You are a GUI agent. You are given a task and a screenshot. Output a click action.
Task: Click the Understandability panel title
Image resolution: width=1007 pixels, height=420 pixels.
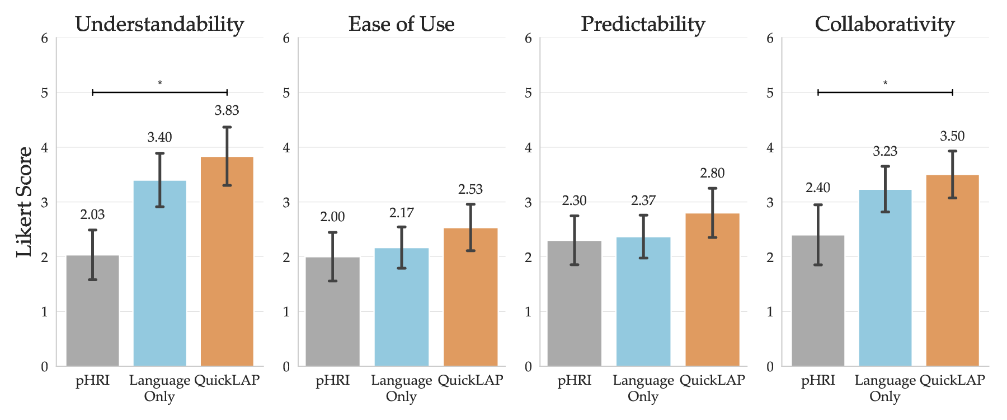click(159, 24)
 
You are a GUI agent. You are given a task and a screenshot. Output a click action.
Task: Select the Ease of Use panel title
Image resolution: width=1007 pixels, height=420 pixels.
click(401, 24)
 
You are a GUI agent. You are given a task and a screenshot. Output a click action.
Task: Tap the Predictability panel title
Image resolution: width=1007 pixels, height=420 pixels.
click(643, 24)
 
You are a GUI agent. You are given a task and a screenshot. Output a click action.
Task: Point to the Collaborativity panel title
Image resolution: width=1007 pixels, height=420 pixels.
click(884, 24)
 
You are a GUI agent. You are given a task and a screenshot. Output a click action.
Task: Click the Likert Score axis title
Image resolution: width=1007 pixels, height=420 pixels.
click(24, 202)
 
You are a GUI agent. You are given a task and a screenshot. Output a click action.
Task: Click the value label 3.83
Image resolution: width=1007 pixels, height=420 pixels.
click(227, 110)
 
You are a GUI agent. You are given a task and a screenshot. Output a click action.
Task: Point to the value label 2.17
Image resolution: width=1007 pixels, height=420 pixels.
click(401, 213)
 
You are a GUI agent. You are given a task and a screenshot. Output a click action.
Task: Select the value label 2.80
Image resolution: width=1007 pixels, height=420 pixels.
click(712, 173)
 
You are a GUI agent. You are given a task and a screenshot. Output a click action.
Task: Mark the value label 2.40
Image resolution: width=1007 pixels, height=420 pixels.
click(817, 188)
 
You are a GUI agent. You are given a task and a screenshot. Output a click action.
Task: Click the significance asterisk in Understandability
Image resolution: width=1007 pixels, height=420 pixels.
click(159, 83)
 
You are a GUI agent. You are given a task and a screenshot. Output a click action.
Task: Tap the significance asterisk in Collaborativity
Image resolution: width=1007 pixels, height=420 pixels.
click(885, 83)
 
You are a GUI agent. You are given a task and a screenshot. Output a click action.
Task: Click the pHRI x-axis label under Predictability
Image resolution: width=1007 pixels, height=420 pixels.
click(574, 381)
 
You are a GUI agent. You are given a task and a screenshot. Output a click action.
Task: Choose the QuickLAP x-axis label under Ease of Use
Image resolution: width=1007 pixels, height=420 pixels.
click(470, 381)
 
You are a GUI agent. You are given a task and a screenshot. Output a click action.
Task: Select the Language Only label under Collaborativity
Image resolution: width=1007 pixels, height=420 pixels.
click(885, 388)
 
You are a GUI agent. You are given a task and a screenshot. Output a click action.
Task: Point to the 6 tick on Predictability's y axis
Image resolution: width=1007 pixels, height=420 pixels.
click(528, 38)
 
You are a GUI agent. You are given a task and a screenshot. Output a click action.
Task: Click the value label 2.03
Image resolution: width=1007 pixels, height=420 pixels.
click(92, 214)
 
